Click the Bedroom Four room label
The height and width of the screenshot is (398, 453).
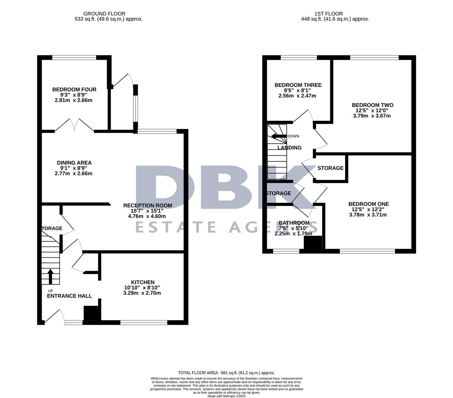tap(74, 90)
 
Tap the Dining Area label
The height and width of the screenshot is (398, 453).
tap(74, 163)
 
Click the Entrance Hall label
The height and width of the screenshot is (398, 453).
tap(69, 296)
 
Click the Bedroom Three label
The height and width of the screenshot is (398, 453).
tap(298, 85)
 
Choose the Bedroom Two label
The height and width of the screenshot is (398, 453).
tap(372, 105)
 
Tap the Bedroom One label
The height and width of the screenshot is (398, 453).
tap(369, 204)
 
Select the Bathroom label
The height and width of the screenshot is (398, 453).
tap(294, 223)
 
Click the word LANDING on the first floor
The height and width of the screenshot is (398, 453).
tap(289, 148)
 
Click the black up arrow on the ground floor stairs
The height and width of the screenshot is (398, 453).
tap(50, 276)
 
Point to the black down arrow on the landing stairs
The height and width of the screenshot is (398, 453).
tap(279, 136)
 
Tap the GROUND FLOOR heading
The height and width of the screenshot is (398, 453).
tap(104, 14)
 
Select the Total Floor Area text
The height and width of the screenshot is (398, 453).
tap(226, 373)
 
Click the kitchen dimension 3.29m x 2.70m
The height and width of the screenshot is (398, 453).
tap(142, 293)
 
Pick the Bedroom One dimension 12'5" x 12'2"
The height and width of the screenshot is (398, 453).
tap(369, 209)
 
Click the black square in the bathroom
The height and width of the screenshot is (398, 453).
tap(313, 243)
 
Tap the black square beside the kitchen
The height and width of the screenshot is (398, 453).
tap(92, 313)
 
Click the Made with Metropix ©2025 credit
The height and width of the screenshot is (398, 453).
tap(226, 396)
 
